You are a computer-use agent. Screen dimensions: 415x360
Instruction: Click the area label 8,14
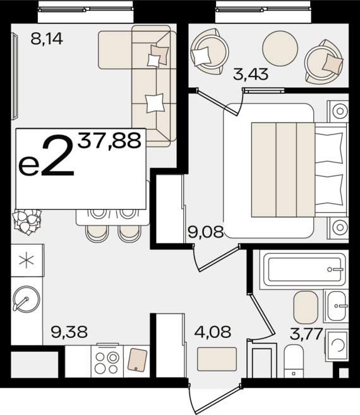tap(47, 39)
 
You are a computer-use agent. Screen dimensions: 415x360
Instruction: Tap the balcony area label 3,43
tap(250, 74)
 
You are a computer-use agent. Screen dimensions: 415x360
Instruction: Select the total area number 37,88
tap(109, 140)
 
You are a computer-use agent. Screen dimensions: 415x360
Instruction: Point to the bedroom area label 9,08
tap(205, 232)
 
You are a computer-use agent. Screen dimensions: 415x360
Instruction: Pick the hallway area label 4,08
tap(212, 331)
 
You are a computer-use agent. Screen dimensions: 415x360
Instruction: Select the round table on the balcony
tap(280, 46)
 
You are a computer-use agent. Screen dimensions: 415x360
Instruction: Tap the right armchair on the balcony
tap(325, 59)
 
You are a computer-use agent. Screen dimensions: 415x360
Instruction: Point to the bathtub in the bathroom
tap(305, 269)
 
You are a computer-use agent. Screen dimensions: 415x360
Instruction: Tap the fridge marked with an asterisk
tap(27, 262)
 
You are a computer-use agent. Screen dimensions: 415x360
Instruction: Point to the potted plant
tap(27, 220)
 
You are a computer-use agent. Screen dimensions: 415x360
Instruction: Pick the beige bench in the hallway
tap(217, 359)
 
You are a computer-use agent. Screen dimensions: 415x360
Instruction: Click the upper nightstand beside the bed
tap(339, 112)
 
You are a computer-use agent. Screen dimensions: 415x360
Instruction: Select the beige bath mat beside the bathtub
tap(306, 307)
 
